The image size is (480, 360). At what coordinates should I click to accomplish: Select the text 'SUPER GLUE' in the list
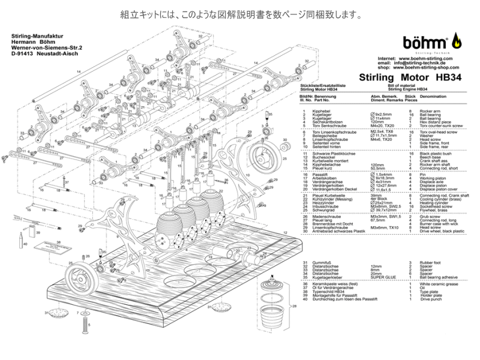(383, 278)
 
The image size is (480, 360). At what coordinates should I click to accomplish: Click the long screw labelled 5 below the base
(83, 326)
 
